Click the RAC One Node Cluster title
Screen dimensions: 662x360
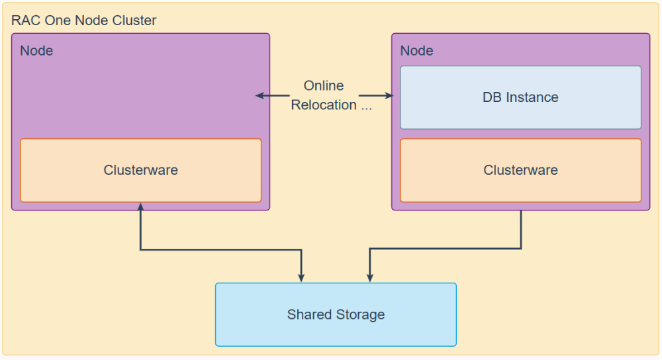point(83,21)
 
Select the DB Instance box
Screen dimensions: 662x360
point(520,97)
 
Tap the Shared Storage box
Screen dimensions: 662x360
point(336,314)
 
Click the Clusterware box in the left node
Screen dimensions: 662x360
point(140,170)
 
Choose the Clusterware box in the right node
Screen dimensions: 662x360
point(520,170)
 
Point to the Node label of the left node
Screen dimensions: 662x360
point(36,51)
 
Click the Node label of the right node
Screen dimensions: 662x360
point(416,51)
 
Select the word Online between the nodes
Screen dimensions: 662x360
point(324,85)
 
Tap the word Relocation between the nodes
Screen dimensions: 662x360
point(324,105)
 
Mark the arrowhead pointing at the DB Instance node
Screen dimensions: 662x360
point(389,96)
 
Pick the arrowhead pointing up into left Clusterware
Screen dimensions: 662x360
point(140,206)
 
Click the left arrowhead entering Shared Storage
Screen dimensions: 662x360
point(301,278)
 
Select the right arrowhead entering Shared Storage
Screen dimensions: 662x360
point(370,278)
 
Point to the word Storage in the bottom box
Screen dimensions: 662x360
point(360,315)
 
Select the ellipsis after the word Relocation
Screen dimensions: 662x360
point(366,108)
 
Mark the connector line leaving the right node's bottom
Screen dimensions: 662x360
point(446,249)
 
